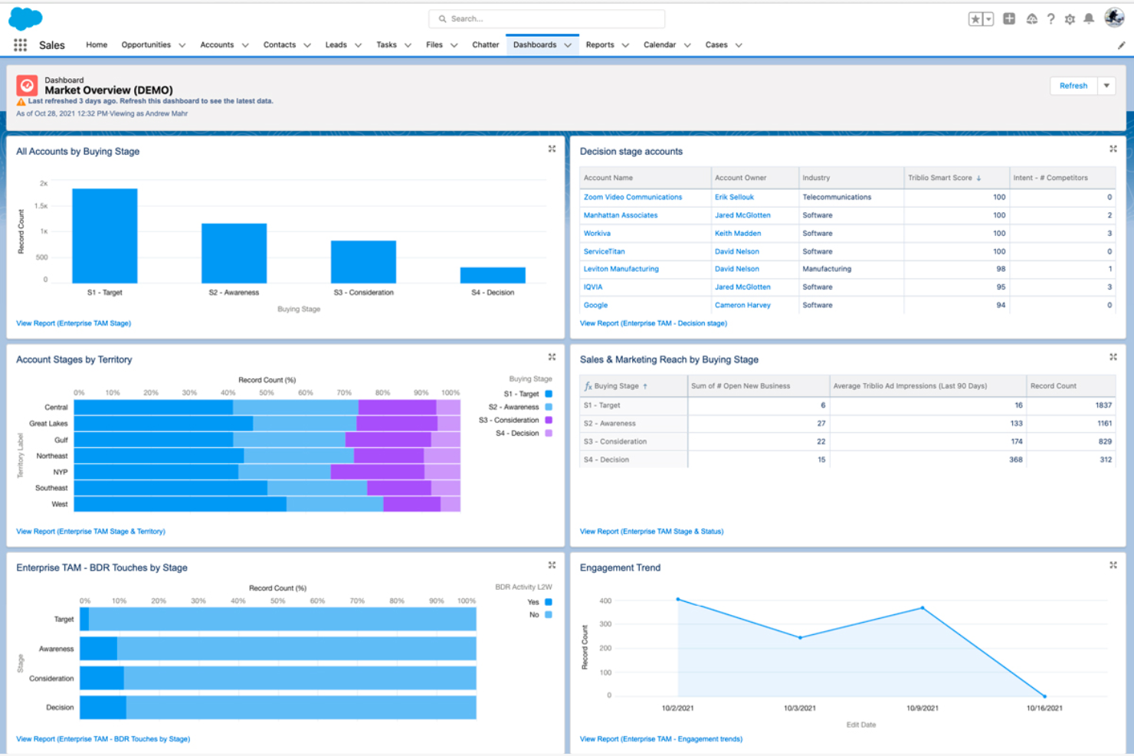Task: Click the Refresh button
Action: pos(1073,86)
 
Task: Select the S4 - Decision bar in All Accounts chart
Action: pos(493,275)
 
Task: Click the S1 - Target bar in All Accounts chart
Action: pos(105,236)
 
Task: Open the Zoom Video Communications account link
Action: pos(632,197)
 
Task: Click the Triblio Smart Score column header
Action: pos(939,178)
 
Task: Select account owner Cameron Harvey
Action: pos(742,305)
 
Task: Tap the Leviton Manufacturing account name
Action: pos(621,269)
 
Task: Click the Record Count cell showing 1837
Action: pos(1103,405)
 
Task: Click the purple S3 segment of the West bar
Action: pos(411,504)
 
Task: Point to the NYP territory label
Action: pos(60,472)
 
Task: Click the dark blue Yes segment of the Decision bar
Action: pos(103,707)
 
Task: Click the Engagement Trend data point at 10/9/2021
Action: pos(923,608)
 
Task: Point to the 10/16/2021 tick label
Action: pos(1044,708)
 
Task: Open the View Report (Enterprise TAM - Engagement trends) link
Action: pos(660,739)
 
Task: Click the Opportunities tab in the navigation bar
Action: pos(146,45)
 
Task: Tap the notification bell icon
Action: pos(1089,19)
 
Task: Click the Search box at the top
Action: pos(547,19)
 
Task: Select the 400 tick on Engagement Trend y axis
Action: pos(605,601)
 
